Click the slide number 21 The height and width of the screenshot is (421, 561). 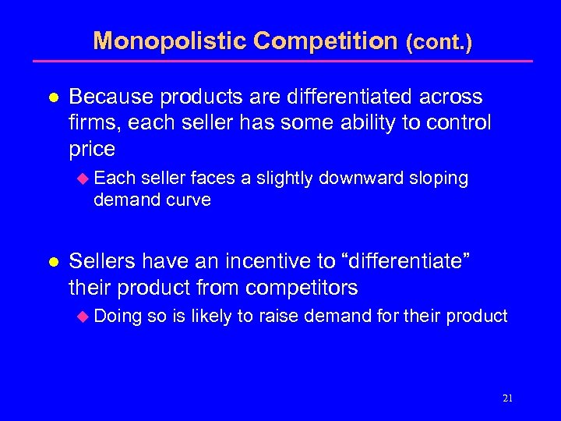507,398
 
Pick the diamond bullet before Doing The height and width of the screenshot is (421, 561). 85,317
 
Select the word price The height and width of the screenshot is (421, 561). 92,149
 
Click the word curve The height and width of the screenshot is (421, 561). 189,200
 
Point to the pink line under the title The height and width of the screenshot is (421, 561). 281,61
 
